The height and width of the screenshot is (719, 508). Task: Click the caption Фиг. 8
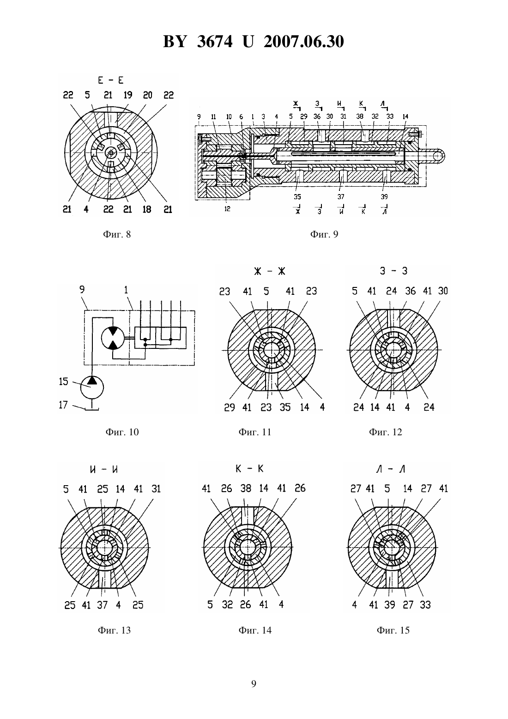117,234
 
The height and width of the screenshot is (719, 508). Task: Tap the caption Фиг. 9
324,234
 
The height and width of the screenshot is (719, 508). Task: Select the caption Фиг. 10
122,432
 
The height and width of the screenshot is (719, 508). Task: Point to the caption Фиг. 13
114,630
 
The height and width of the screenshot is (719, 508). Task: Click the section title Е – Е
111,80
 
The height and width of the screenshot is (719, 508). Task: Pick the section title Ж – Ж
269,272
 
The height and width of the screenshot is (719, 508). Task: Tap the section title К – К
249,469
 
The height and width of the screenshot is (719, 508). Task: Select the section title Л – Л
391,469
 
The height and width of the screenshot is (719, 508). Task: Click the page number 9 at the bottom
254,684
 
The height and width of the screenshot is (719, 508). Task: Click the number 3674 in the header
214,42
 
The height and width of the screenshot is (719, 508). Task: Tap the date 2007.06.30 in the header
304,42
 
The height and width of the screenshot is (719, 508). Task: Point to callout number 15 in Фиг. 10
64,382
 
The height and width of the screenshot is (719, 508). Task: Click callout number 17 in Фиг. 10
64,405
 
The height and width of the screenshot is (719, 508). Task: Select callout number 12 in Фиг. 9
227,209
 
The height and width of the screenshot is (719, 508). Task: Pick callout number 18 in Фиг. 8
147,210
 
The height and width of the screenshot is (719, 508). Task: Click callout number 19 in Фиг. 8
127,95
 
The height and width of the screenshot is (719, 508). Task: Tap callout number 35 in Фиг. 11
285,408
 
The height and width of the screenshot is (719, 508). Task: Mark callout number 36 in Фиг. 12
411,291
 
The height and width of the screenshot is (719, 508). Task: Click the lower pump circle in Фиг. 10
92,387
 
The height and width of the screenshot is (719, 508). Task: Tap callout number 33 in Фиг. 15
425,605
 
